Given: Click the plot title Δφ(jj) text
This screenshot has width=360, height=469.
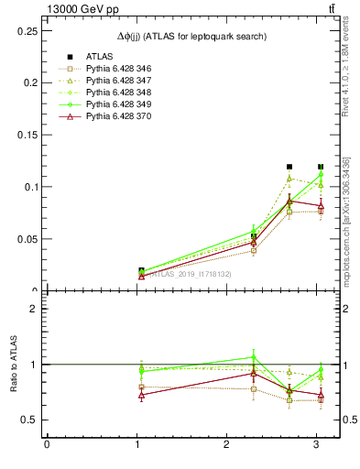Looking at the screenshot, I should [x=192, y=37].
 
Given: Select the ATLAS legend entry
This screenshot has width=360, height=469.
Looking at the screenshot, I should [x=100, y=56].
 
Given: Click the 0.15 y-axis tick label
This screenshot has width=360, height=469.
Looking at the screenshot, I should [x=27, y=135].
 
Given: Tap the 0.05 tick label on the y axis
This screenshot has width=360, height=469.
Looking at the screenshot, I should [x=27, y=239].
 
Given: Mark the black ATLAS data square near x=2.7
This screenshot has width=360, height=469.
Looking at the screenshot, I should [x=289, y=167].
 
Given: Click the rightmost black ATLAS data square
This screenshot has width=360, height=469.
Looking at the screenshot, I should [x=321, y=167].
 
